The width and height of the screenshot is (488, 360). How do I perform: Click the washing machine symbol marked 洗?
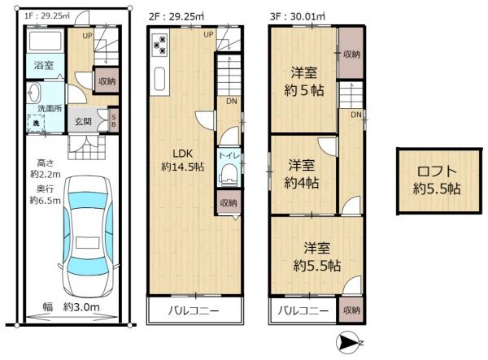coord(36,123)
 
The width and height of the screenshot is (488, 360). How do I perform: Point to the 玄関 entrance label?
coord(85,122)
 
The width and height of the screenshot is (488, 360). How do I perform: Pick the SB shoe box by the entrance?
coord(113,120)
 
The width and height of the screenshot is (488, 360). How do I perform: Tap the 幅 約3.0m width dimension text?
coord(71,307)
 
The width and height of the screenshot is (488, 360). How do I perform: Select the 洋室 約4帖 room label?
coord(300,173)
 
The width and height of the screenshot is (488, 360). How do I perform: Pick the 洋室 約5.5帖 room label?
coord(316,258)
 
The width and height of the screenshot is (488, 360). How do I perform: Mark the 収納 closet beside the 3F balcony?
coord(351,310)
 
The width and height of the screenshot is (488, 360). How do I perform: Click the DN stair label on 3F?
coord(355,115)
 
